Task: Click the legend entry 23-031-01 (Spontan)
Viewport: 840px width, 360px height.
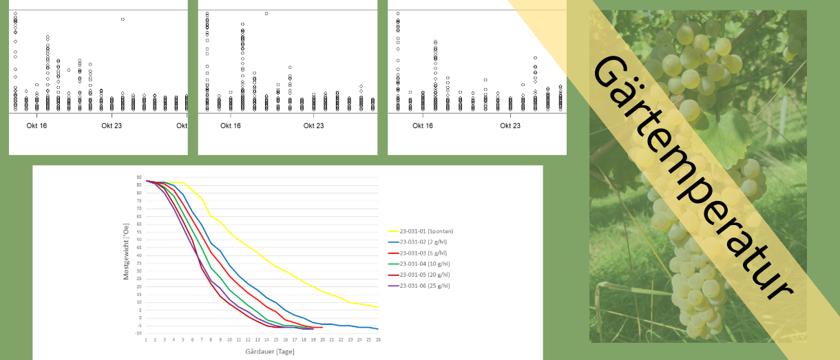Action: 426,231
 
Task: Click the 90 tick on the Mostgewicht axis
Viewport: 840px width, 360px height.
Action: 139,178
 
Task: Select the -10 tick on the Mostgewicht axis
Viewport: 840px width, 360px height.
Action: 138,334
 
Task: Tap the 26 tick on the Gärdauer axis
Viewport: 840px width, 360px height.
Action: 378,340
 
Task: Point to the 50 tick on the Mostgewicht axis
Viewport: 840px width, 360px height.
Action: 139,240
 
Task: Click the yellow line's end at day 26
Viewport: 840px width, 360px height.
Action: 378,307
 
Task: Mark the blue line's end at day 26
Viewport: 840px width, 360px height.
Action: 378,329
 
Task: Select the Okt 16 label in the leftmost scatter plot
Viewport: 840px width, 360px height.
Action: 36,126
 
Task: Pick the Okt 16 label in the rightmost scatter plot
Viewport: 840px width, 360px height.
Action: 422,126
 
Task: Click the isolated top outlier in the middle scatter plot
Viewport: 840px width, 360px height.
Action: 266,13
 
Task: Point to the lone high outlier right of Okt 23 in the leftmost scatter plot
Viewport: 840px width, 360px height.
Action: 123,19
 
